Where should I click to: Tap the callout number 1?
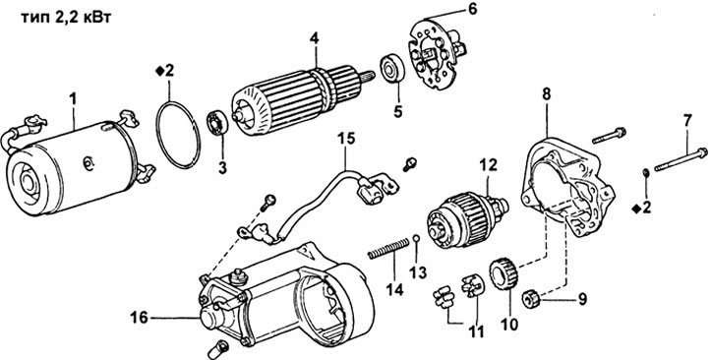point(74,98)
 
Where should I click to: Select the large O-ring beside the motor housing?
point(178,135)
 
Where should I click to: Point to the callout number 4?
point(315,39)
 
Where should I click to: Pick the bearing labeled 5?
point(391,69)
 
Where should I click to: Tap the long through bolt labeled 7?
point(678,158)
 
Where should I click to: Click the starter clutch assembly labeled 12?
point(467,218)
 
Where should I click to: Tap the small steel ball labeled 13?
point(416,238)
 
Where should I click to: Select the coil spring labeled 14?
point(388,250)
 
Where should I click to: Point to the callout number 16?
point(140,318)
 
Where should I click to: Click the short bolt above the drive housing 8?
point(609,135)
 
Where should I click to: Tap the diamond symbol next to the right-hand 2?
point(636,208)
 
